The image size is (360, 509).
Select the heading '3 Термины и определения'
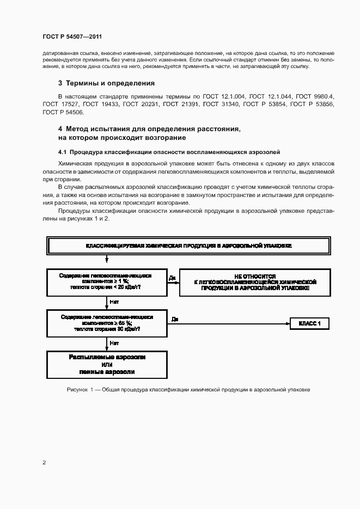click(x=106, y=83)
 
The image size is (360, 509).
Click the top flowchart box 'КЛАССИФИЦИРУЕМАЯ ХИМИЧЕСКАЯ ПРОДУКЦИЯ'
click(x=189, y=246)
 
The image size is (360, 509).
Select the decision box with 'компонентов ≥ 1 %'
click(x=106, y=281)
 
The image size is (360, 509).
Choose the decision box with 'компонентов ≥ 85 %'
click(x=106, y=322)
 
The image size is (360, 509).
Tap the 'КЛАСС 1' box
click(x=309, y=324)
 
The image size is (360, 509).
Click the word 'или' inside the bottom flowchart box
click(x=106, y=365)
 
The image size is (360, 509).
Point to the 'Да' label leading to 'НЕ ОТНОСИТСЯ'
click(x=172, y=278)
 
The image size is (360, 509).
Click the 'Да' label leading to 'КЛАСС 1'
click(x=175, y=319)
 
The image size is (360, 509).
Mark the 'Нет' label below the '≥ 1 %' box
click(x=114, y=301)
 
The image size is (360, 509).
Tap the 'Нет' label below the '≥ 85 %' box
click(x=114, y=343)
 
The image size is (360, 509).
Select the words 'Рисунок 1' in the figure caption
click(x=80, y=390)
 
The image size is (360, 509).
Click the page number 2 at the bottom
click(x=44, y=462)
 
